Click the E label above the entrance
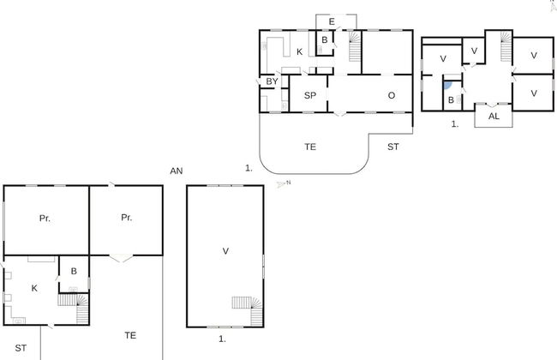(332, 21)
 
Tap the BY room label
(272, 81)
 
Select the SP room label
(310, 95)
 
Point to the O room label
(391, 95)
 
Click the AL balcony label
(494, 116)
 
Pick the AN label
(177, 171)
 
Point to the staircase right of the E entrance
(355, 47)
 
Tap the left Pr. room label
(45, 219)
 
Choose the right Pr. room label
(126, 218)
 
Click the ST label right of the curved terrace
(393, 147)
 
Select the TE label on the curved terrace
(310, 147)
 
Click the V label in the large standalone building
(225, 251)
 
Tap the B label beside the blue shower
(451, 100)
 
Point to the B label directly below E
(325, 40)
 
